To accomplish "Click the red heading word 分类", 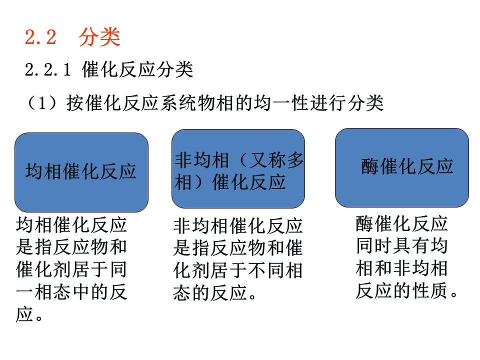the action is click(x=99, y=38).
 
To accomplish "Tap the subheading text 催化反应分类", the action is click(x=137, y=70).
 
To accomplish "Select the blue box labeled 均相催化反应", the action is click(x=81, y=171).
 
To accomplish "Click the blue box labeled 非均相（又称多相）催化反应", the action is click(x=238, y=168).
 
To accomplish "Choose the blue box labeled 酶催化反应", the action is click(x=401, y=167).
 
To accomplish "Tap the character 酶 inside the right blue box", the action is click(x=370, y=166).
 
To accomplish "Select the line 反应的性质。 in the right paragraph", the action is click(x=407, y=290).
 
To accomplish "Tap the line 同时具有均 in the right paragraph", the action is click(x=401, y=246).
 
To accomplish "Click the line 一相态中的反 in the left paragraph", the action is click(x=71, y=292).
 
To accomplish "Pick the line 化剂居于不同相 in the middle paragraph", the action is click(x=238, y=270).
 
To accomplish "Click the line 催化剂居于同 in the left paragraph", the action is click(x=71, y=270).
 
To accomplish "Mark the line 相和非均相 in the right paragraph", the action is click(x=401, y=268).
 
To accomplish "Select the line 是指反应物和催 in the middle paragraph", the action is click(x=238, y=248).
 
